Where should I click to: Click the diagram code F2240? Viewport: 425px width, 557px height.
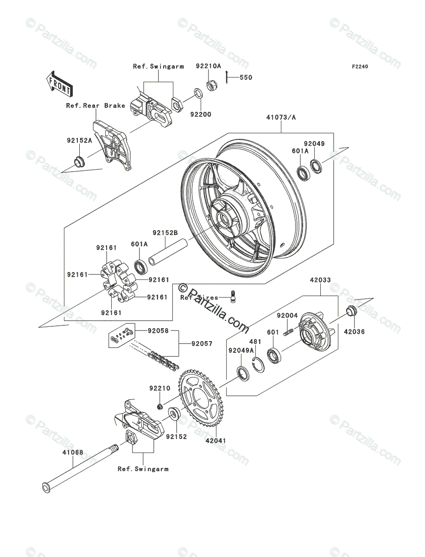click(x=359, y=67)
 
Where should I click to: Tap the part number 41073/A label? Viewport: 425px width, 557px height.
click(x=281, y=117)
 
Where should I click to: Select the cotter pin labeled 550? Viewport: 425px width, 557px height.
click(x=227, y=77)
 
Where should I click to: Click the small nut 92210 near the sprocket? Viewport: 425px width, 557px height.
click(x=159, y=407)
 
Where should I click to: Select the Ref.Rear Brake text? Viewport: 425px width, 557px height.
click(x=95, y=106)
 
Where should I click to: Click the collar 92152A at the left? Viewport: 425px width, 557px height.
click(x=78, y=162)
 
